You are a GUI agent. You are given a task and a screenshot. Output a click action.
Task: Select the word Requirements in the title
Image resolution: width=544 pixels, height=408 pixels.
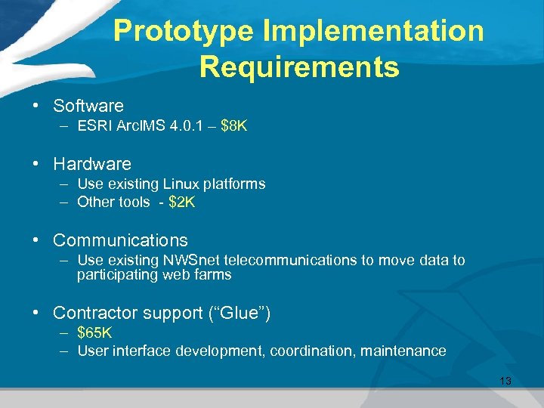click(x=298, y=67)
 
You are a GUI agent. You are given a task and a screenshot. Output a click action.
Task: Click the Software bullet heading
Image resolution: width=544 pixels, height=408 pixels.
click(x=88, y=106)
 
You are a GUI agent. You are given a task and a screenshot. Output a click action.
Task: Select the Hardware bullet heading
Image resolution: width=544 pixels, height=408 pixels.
click(x=92, y=164)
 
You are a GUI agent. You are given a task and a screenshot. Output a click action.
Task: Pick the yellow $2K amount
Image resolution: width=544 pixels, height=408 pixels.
click(x=182, y=202)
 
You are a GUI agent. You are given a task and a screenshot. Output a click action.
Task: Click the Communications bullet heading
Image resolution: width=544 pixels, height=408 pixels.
click(x=120, y=240)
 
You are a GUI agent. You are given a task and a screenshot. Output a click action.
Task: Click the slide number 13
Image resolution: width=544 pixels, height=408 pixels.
click(x=505, y=381)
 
